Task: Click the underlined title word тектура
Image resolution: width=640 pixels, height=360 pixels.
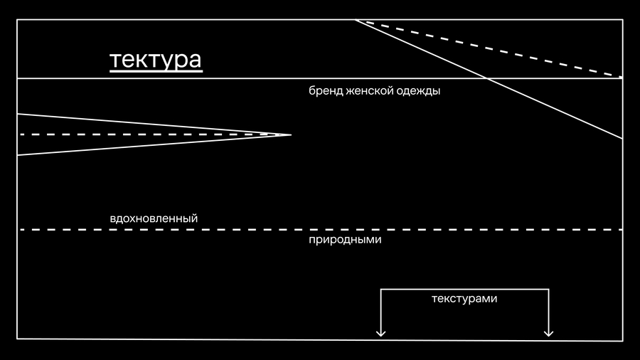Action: tap(156, 60)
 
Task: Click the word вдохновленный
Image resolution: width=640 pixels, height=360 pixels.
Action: tap(154, 218)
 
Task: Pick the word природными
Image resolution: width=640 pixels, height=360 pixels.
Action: tap(345, 240)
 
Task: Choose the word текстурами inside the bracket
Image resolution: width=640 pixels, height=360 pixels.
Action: tap(464, 299)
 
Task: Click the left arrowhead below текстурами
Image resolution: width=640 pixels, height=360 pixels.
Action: tap(381, 333)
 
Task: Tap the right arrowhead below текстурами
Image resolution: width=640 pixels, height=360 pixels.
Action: tap(548, 333)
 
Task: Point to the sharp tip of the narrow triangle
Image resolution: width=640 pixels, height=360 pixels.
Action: tap(291, 134)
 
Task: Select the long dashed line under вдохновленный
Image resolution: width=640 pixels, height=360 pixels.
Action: tap(321, 230)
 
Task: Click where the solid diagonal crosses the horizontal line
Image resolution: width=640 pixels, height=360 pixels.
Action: tap(486, 78)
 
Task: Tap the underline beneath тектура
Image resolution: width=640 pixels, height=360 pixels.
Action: tap(156, 71)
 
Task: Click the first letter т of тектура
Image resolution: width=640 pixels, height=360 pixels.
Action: tap(116, 60)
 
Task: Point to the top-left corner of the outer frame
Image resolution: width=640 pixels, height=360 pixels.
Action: tap(17, 20)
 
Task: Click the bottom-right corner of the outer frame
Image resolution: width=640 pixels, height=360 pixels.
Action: tap(622, 340)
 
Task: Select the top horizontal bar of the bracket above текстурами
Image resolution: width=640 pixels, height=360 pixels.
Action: tap(464, 290)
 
